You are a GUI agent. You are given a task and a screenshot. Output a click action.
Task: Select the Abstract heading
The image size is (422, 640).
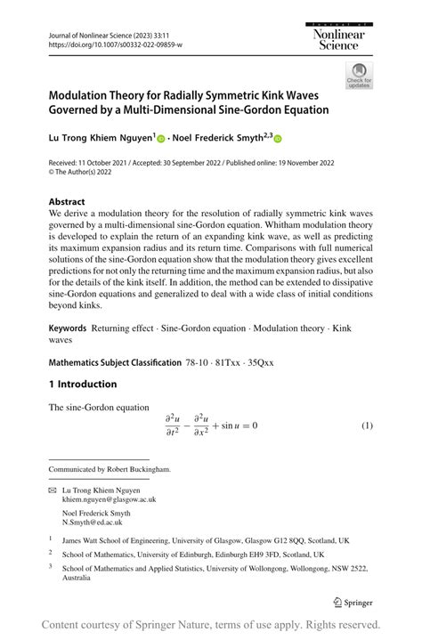[68, 202]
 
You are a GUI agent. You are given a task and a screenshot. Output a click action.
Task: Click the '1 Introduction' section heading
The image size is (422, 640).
[83, 385]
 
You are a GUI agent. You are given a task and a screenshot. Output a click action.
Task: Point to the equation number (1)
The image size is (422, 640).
[366, 425]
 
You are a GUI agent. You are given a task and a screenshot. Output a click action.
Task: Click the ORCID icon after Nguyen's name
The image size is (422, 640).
[161, 139]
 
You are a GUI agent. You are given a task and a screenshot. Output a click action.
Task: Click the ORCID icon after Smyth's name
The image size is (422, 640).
[277, 139]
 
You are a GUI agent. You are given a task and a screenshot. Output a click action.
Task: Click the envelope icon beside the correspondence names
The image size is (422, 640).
[52, 490]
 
